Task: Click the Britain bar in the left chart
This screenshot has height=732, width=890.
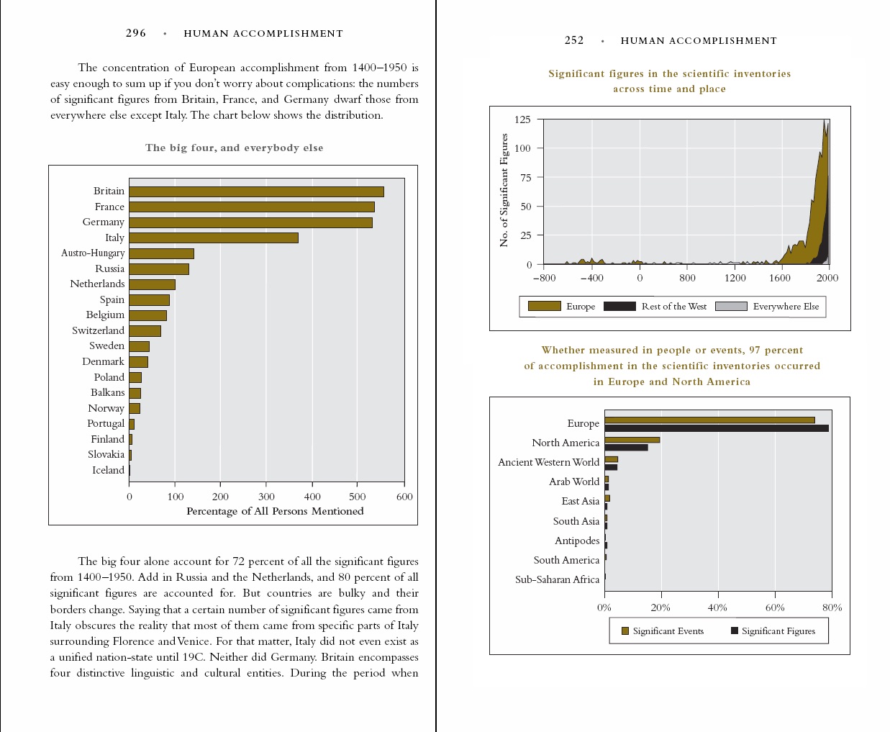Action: click(256, 191)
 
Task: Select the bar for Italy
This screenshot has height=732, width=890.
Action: click(213, 238)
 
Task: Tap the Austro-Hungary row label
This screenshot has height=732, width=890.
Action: click(93, 253)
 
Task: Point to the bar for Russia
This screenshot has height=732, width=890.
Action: click(159, 269)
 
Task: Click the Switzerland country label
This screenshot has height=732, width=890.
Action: click(98, 330)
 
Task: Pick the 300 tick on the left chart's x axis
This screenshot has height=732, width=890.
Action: click(266, 497)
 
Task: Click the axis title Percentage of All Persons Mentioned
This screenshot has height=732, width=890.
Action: click(275, 511)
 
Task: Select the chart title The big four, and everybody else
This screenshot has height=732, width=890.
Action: click(234, 148)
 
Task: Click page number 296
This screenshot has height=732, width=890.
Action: click(135, 33)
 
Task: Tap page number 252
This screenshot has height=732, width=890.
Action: click(574, 40)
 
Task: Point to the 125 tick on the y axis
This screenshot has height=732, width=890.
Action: click(523, 119)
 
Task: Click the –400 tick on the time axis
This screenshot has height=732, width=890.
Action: click(592, 278)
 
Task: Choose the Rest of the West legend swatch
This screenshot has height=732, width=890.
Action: click(619, 306)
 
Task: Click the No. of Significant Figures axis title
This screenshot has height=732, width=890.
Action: click(504, 190)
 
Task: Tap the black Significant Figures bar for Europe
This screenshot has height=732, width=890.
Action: click(716, 428)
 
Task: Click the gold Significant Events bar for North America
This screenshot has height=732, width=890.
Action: click(632, 440)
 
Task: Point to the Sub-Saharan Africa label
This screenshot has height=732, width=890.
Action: click(557, 579)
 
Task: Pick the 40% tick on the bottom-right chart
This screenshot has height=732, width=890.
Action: click(717, 607)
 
